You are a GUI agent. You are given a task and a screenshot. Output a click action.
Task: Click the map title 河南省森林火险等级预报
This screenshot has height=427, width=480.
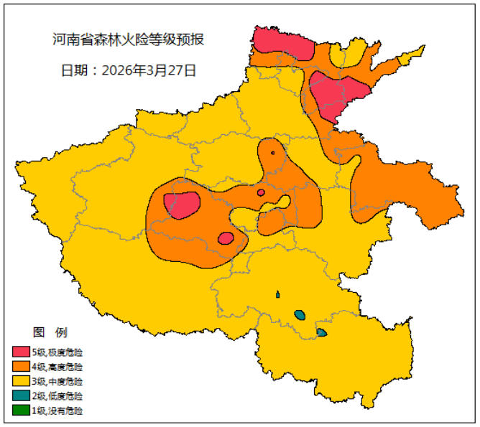coord(129,39)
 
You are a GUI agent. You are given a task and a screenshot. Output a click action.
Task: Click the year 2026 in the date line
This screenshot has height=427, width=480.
coord(117,70)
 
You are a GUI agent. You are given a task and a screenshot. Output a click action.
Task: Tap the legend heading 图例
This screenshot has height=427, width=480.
coord(50,332)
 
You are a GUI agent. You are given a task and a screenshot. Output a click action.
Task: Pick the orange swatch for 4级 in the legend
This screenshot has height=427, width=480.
coord(20,367)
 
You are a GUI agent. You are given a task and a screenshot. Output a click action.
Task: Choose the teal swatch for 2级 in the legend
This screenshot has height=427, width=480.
coord(20,396)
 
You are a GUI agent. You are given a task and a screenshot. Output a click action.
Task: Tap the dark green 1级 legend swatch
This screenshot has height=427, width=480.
coord(20,411)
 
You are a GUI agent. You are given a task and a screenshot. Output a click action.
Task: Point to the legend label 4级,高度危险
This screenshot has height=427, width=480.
coord(57,367)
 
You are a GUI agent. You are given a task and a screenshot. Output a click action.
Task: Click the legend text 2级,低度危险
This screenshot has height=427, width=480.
coord(57,396)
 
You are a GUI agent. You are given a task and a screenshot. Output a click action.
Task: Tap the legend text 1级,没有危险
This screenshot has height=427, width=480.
coord(57,411)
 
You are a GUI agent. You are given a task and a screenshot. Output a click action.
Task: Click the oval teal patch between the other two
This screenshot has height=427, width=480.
coord(300,314)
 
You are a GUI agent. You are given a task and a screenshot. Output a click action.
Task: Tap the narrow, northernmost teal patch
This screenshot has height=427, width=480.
coord(277,294)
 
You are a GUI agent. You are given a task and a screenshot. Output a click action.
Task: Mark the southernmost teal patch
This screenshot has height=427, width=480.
coord(321,332)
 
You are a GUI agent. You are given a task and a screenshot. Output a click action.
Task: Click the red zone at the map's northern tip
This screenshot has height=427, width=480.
coord(282,44)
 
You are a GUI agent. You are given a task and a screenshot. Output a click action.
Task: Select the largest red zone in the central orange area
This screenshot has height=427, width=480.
coord(182,205)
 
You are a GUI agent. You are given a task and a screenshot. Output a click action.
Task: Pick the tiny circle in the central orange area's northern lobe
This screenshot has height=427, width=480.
coord(272,152)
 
